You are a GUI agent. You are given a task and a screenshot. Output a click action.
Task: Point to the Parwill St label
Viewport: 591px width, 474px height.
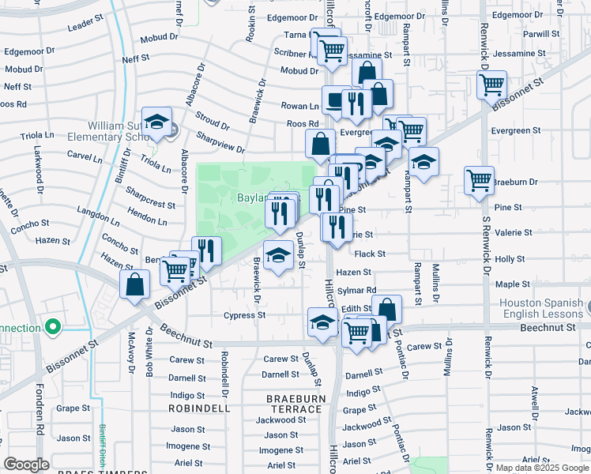click(540, 34)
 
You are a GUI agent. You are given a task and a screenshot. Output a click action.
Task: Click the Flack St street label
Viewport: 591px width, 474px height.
click(370, 254)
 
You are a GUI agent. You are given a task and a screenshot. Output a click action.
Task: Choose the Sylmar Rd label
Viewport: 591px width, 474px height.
click(356, 291)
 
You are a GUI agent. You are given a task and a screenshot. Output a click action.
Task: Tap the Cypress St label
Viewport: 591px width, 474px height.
click(244, 315)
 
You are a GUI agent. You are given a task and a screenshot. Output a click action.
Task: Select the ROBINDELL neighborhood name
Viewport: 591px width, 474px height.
click(198, 409)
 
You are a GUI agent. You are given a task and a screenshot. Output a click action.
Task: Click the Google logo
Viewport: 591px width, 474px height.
click(25, 465)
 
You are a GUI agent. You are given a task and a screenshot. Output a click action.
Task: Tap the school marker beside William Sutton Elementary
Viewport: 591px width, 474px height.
click(157, 122)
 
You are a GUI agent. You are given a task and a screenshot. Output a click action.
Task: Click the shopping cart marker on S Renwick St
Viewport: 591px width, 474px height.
click(492, 83)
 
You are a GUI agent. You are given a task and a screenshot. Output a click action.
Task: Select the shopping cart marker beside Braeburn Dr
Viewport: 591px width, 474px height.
click(479, 181)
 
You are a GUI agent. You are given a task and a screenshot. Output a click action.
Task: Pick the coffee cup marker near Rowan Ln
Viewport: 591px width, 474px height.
click(336, 101)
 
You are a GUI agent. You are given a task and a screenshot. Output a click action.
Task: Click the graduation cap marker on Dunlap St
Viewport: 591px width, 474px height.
click(277, 255)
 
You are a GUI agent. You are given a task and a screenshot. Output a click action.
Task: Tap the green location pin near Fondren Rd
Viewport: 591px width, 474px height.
click(53, 325)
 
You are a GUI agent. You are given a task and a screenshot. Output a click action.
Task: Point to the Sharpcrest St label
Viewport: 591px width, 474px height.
click(150, 198)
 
